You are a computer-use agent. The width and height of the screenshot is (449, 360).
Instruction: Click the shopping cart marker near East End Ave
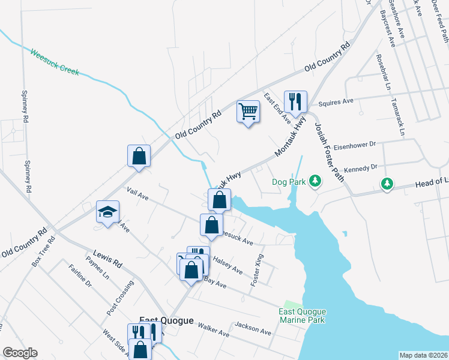249,112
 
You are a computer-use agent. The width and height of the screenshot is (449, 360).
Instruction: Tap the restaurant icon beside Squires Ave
295,102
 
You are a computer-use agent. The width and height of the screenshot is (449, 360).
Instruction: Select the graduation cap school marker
108,212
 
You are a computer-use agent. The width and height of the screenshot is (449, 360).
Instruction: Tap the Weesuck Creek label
55,62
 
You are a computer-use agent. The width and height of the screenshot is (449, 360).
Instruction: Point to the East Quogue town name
166,321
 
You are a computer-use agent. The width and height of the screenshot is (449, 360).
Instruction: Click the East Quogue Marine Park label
302,316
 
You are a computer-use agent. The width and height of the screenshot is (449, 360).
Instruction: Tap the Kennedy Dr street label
361,168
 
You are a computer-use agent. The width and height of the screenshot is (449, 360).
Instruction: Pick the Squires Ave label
336,102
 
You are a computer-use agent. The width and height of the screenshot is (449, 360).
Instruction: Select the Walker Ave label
214,330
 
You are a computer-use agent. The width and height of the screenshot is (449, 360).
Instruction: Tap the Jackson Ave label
253,328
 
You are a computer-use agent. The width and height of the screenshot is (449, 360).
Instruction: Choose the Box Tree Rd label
43,251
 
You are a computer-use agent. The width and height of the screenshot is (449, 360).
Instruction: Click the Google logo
20,353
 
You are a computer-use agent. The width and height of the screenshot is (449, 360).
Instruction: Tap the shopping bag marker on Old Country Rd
139,157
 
